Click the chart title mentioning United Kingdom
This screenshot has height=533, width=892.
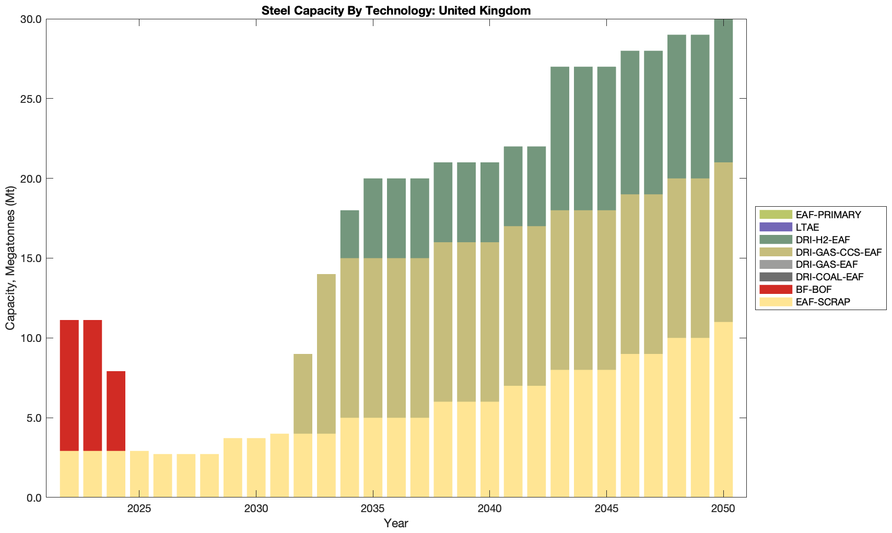(396, 10)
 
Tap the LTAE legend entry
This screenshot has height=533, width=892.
(807, 227)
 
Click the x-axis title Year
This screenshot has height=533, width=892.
(396, 523)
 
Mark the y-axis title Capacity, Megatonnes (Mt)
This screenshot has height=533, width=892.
(10, 258)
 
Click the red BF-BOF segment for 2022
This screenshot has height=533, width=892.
(69, 385)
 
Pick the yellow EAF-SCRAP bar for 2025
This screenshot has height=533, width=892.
(139, 474)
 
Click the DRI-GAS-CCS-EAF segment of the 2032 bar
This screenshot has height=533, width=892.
(303, 394)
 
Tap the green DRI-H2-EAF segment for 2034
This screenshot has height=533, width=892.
(350, 234)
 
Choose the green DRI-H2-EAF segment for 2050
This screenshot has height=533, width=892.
(723, 91)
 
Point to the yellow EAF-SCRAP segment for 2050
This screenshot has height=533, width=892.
(723, 410)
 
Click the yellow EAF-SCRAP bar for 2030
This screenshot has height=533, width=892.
(256, 468)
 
